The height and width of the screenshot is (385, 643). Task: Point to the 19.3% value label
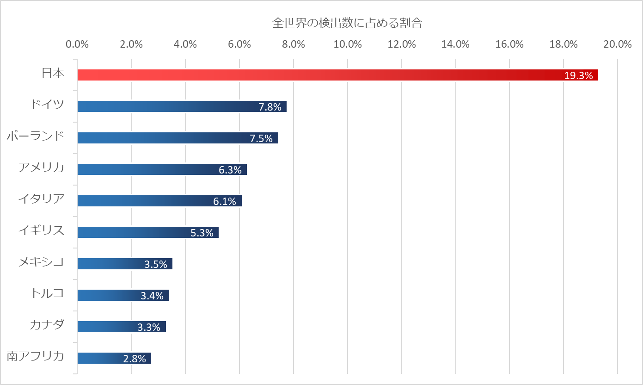578,76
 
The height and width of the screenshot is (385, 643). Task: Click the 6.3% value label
230,170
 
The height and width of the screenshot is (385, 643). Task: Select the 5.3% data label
202,233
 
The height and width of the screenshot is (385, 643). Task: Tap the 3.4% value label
152,296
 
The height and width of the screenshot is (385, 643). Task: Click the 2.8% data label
135,359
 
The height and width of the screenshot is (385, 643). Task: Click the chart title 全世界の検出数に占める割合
347,23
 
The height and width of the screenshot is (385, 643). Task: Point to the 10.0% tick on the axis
348,44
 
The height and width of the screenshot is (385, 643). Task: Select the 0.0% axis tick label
77,44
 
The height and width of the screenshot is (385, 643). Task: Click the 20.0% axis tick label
618,44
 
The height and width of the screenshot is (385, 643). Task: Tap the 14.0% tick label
455,44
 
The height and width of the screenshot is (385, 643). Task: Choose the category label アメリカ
41,168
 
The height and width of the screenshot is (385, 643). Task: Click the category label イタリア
41,199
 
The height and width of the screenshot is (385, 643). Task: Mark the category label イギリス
41,230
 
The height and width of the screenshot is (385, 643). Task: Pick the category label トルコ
47,293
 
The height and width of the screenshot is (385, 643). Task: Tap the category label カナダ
47,325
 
